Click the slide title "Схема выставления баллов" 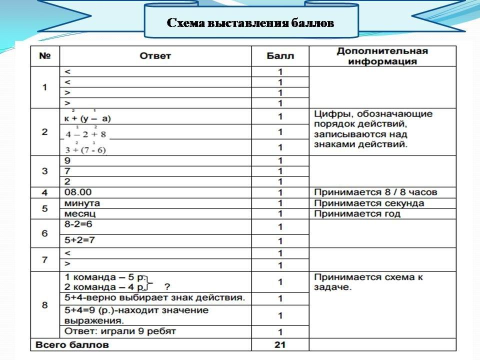click(250, 23)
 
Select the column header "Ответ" click(155, 56)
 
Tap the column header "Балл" click(280, 56)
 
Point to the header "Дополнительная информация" click(382, 56)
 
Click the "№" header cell click(44, 56)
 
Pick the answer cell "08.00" click(78, 192)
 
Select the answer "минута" click(82, 203)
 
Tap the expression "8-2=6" click(79, 225)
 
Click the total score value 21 click(280, 344)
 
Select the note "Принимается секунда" click(369, 203)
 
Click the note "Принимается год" click(357, 214)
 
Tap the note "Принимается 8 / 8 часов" click(376, 192)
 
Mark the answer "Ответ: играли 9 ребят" click(120, 331)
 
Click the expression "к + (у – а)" click(87, 118)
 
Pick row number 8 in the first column click(44, 304)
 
